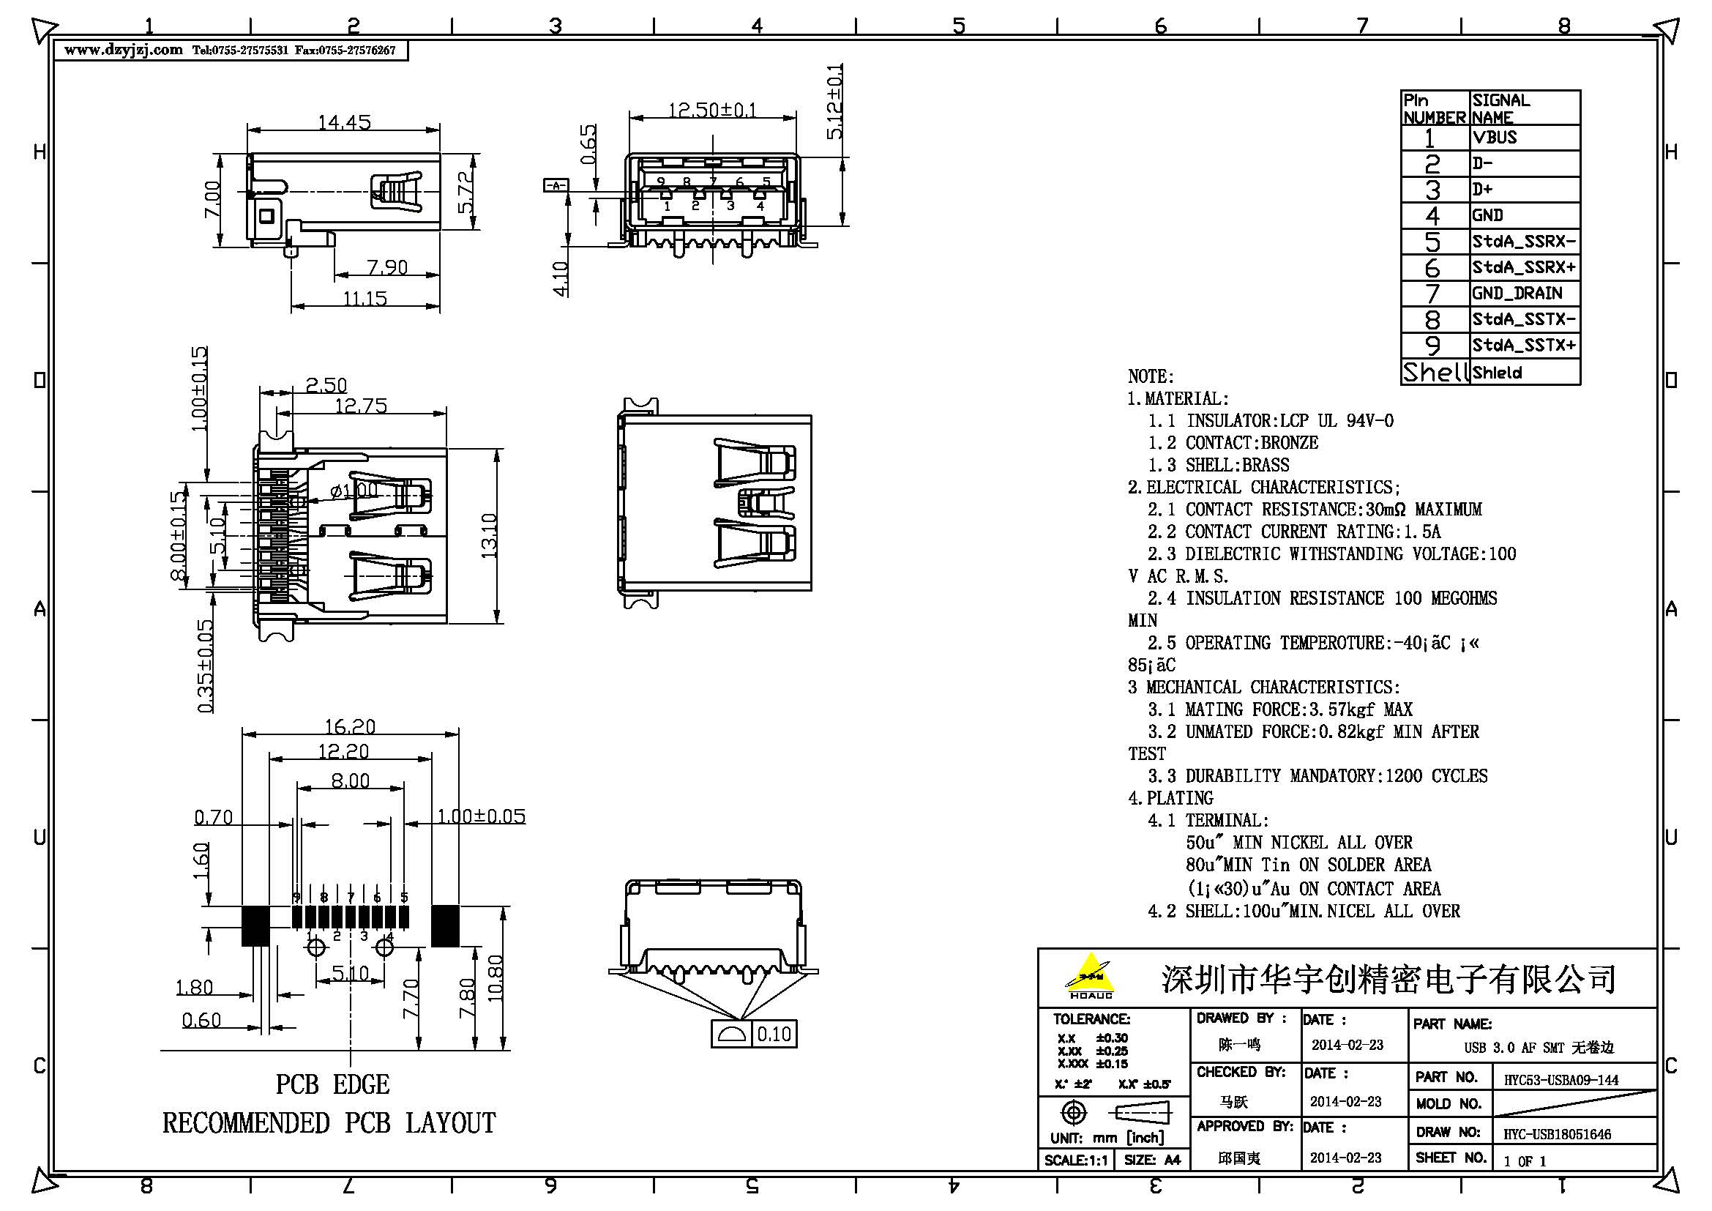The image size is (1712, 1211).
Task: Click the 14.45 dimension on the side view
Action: tap(344, 122)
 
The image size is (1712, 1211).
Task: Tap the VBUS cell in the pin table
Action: tap(1495, 137)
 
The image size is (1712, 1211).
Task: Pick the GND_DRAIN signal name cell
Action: tap(1517, 293)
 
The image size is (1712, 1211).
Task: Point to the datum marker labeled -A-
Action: tap(556, 185)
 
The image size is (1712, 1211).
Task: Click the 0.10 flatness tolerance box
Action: tap(774, 1035)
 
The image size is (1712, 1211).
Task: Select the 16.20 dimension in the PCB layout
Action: tap(350, 726)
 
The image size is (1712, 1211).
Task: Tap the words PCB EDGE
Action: tap(332, 1084)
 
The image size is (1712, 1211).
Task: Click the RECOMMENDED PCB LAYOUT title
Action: tap(329, 1123)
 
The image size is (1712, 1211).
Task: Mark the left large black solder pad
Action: tap(255, 925)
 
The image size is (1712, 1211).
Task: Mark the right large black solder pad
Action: tap(445, 925)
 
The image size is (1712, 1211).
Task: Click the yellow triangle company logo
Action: tap(1091, 974)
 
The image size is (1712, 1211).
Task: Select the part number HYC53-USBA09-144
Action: tap(1560, 1080)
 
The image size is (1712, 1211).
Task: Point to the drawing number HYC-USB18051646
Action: tap(1557, 1134)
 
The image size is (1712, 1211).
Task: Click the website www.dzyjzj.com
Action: tap(123, 50)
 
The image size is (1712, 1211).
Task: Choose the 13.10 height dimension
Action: tap(489, 535)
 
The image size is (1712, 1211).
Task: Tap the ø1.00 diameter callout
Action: tap(354, 491)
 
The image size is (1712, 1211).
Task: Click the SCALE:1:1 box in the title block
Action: tap(1075, 1160)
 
